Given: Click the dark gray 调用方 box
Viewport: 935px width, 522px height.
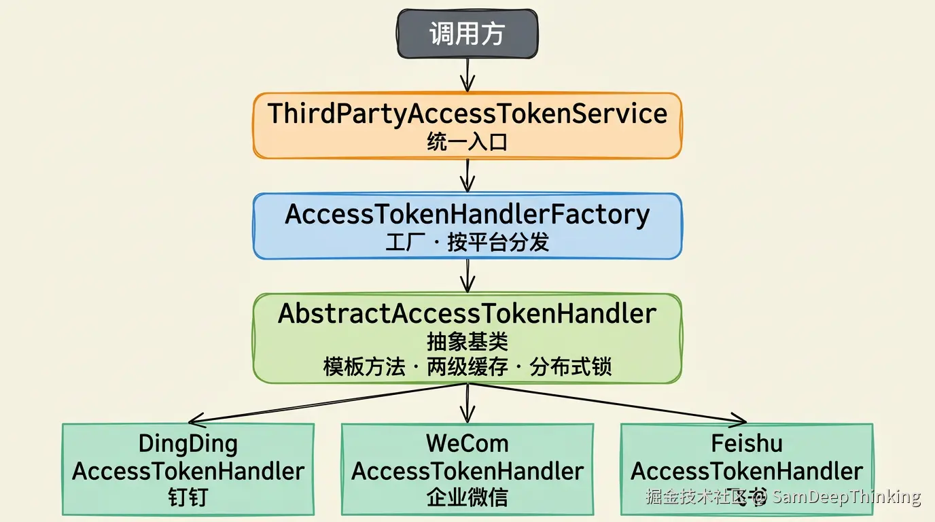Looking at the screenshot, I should (467, 34).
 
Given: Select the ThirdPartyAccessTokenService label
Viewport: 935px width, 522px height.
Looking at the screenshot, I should (467, 114).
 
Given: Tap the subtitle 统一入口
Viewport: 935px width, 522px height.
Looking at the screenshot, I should (467, 142).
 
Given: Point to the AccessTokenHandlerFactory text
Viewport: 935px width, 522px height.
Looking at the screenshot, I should (467, 214).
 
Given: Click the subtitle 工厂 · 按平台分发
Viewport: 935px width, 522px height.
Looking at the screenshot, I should (467, 243).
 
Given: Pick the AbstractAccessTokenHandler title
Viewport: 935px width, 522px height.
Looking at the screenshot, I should (467, 314).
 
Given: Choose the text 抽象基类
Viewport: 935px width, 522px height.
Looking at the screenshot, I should (467, 341).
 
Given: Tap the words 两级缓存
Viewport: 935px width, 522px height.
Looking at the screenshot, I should (467, 368).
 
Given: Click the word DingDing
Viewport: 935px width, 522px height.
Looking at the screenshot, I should (188, 444).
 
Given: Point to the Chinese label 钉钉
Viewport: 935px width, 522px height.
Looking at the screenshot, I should (188, 498).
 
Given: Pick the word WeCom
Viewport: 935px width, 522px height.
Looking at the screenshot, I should (467, 444).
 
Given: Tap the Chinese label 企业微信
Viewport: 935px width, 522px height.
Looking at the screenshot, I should (467, 498).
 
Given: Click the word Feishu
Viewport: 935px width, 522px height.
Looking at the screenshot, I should (747, 444).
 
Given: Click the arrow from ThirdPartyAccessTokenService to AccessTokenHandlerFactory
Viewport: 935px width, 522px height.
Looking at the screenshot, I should (467, 175).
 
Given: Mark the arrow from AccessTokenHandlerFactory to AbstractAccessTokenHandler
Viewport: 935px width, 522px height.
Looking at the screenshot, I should (467, 275).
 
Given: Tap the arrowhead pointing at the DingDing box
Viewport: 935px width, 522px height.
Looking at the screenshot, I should (196, 419).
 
